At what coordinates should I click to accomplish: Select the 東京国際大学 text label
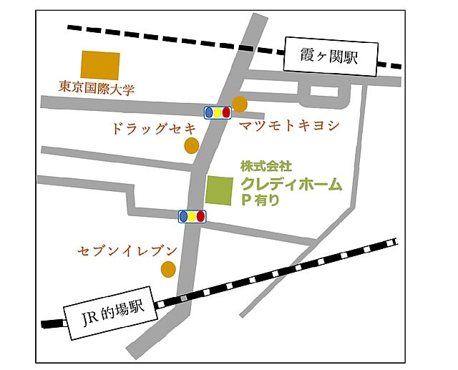click(x=97, y=89)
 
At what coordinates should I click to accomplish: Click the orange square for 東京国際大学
click(x=100, y=64)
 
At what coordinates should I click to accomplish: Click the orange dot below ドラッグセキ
click(x=191, y=146)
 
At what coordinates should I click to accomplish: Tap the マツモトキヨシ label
click(x=288, y=126)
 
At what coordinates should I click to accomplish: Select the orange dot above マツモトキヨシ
click(x=240, y=104)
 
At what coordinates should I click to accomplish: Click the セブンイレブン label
click(x=127, y=250)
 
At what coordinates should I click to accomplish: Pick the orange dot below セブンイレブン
click(x=167, y=269)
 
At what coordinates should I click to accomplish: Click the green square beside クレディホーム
click(x=219, y=190)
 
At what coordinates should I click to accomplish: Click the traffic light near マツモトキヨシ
click(x=218, y=112)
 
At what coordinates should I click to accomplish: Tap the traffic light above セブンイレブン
click(x=192, y=215)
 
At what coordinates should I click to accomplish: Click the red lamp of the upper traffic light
click(x=226, y=112)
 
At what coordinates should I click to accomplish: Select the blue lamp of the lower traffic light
click(x=183, y=215)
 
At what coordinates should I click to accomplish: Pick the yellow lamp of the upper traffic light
click(x=218, y=112)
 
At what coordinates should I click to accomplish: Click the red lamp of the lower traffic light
click(x=200, y=215)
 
